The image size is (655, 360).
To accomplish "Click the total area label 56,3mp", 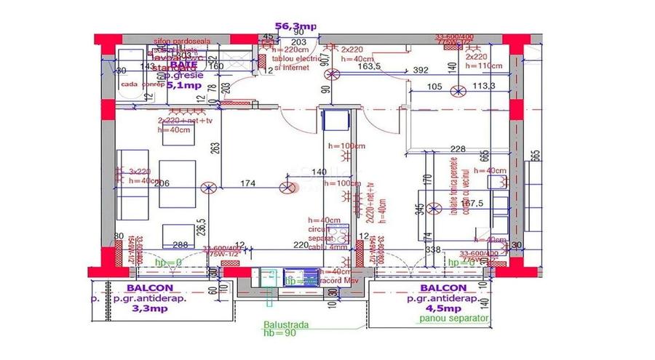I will tap(295, 26).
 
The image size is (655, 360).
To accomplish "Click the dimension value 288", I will tap(180, 246).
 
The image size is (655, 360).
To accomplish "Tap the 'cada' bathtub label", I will tap(129, 84).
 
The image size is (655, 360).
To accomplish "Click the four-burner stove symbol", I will tap(298, 276).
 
